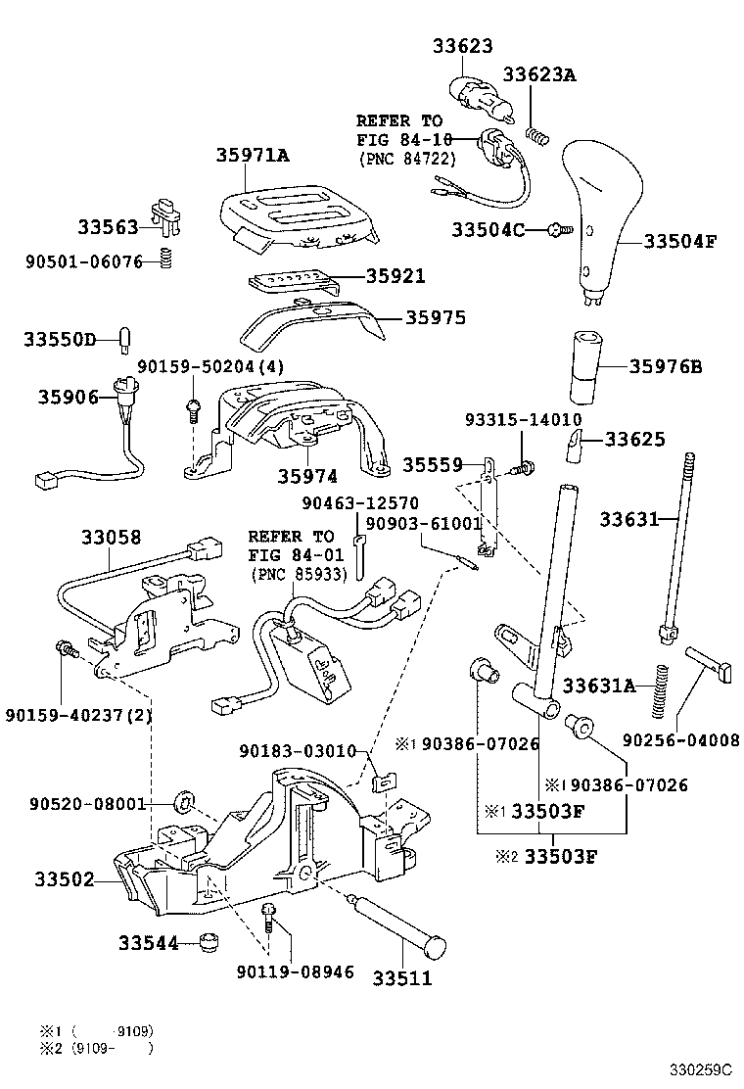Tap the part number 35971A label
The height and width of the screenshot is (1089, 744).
(x=253, y=155)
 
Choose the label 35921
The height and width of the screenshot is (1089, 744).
(x=395, y=276)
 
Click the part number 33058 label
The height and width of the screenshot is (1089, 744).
(x=112, y=537)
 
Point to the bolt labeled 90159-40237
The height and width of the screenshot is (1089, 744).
(x=66, y=647)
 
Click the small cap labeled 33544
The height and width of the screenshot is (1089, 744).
(x=207, y=942)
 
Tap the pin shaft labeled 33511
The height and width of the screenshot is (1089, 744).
(x=401, y=923)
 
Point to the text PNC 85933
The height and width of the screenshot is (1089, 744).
(x=300, y=574)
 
